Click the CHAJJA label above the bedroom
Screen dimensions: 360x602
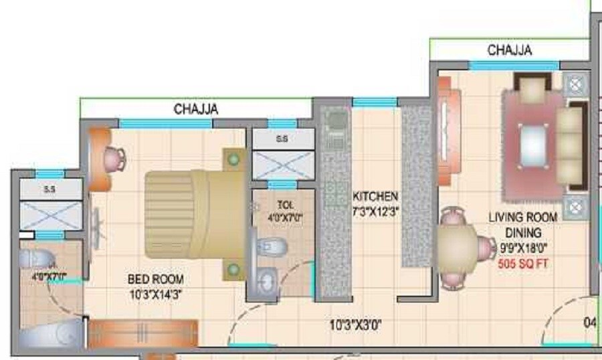coord(196,108)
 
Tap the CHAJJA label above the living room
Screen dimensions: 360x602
coord(510,50)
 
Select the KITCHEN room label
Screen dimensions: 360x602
coord(375,197)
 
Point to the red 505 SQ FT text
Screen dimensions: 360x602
coord(524,264)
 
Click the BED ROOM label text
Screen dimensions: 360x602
coord(156,279)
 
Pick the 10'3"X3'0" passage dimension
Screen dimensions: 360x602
coord(356,326)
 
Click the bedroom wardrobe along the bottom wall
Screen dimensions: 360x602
coord(143,333)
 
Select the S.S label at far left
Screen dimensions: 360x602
coord(49,189)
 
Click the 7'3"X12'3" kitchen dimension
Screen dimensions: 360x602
coord(375,210)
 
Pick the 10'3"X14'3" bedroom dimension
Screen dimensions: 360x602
coord(156,292)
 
